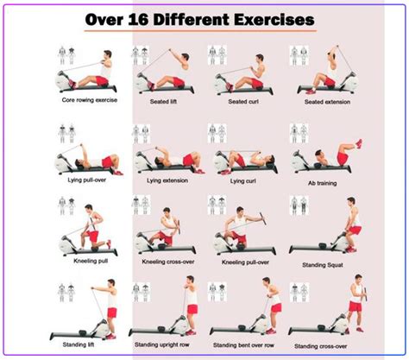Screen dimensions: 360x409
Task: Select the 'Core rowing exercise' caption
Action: point(88,99)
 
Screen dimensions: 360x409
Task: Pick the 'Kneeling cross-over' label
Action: point(164,260)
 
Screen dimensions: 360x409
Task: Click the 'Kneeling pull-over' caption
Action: point(245,260)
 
